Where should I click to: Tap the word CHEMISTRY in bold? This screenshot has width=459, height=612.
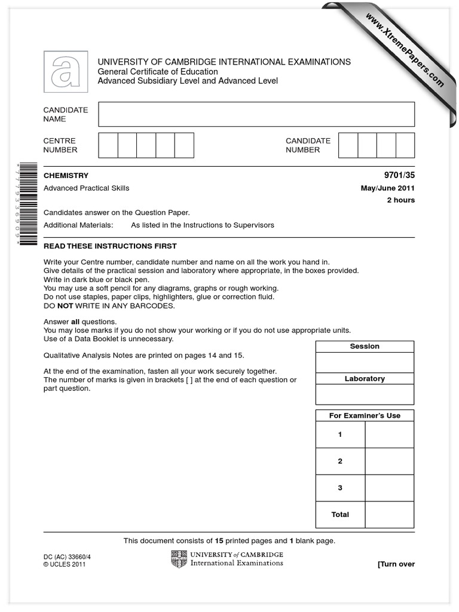pyautogui.click(x=66, y=176)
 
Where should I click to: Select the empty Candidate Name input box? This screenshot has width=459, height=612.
pyautogui.click(x=256, y=114)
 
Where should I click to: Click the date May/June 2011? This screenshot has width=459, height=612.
pyautogui.click(x=387, y=188)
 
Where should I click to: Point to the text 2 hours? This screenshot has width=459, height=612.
pyautogui.click(x=400, y=200)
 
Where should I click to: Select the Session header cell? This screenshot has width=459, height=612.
pyautogui.click(x=365, y=347)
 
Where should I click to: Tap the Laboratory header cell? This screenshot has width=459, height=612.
pyautogui.click(x=365, y=379)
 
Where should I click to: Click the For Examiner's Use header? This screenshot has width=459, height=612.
pyautogui.click(x=365, y=416)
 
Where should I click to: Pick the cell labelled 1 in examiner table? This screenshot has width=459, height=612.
pyautogui.click(x=340, y=434)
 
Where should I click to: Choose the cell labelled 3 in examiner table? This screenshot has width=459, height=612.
pyautogui.click(x=340, y=488)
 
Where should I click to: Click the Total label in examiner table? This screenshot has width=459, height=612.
pyautogui.click(x=340, y=515)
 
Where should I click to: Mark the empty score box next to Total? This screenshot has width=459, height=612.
pyautogui.click(x=389, y=515)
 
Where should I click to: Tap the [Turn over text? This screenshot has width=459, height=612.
pyautogui.click(x=396, y=564)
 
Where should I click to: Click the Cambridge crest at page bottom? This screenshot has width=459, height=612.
pyautogui.click(x=179, y=559)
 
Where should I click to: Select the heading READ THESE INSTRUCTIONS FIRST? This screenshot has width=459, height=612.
pyautogui.click(x=110, y=246)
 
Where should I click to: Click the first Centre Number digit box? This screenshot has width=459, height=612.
pyautogui.click(x=108, y=145)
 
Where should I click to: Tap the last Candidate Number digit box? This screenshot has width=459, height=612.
pyautogui.click(x=405, y=145)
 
